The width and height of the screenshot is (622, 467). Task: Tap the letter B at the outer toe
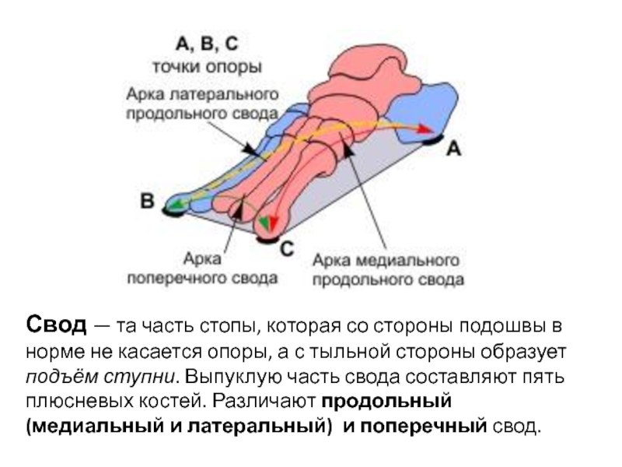146,201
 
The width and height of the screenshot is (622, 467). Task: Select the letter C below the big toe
286,249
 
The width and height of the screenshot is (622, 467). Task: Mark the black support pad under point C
269,240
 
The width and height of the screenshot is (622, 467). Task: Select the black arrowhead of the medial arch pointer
348,148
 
